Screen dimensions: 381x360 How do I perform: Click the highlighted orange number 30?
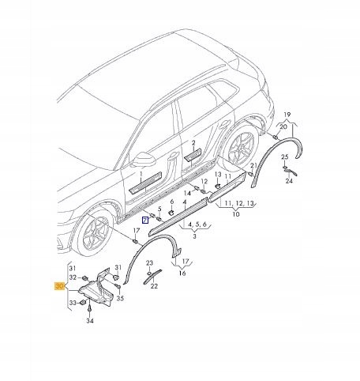(x=59, y=289)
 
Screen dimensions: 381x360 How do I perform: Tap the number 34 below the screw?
(x=89, y=322)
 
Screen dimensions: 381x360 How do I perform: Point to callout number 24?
(x=289, y=180)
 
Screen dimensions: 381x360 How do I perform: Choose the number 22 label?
(x=148, y=281)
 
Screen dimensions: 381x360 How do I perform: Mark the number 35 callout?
(x=120, y=299)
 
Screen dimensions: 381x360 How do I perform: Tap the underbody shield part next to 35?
(x=97, y=289)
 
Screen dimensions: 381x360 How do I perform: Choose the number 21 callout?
(x=253, y=166)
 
